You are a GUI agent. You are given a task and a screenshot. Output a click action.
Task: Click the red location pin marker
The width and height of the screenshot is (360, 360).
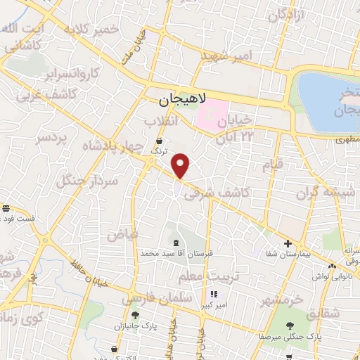tap(181, 166)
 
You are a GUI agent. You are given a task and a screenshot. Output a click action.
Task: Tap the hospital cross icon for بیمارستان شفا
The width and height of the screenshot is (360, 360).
tap(288, 244)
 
